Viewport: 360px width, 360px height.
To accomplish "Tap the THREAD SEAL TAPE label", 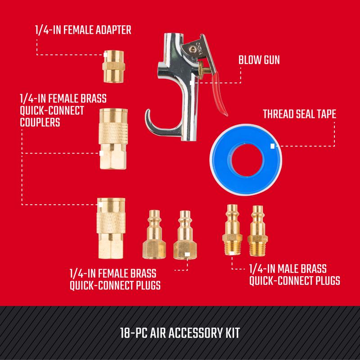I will pyautogui.click(x=299, y=114).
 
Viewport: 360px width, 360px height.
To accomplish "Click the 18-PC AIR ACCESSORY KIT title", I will pyautogui.click(x=180, y=333).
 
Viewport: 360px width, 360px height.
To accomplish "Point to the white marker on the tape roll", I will pyautogui.click(x=272, y=146).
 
